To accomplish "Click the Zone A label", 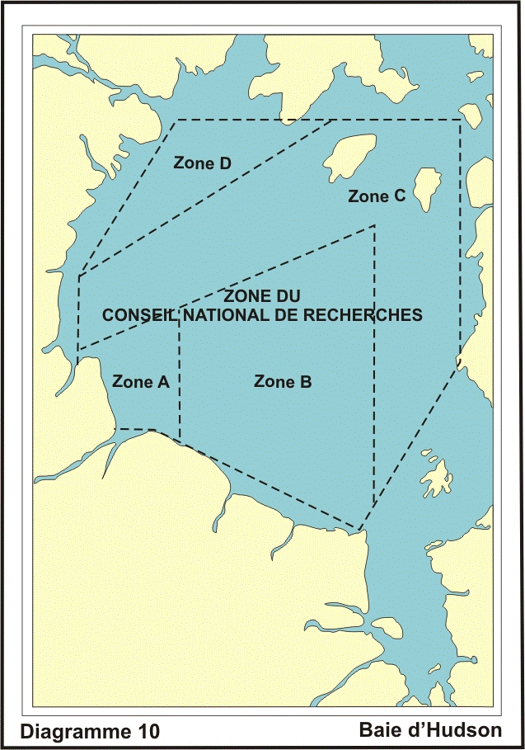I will click(140, 381).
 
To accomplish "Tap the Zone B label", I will click(282, 381).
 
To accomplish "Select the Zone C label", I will click(377, 196).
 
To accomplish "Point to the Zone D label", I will click(201, 163).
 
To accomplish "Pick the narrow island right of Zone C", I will click(426, 189).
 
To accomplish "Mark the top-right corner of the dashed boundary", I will click(460, 120).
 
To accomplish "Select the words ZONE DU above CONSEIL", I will click(262, 295).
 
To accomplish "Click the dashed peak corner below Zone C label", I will click(375, 225).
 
